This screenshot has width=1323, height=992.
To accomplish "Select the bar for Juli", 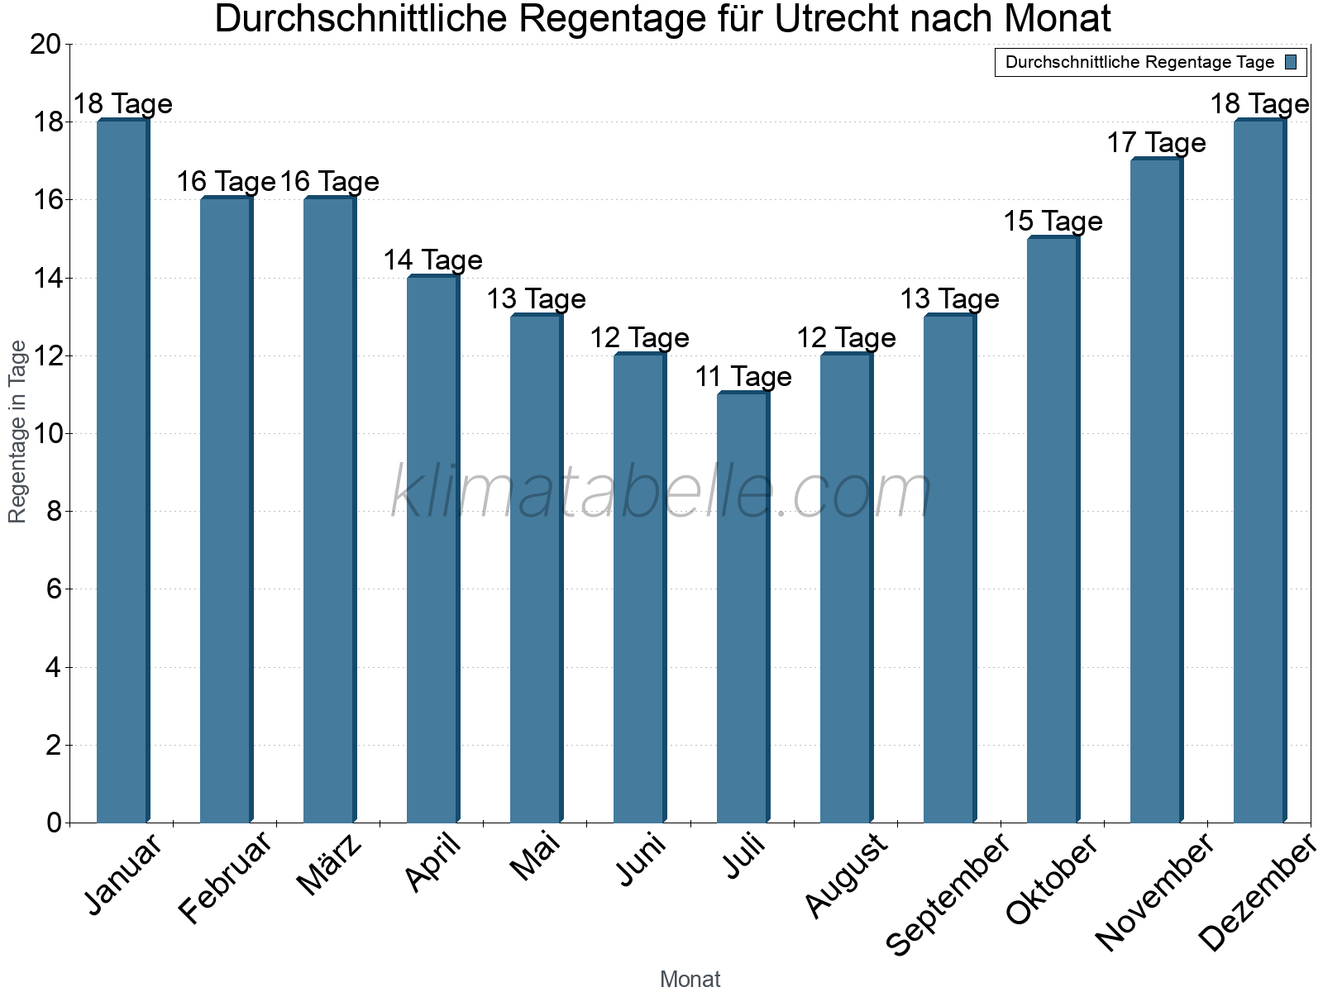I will (743, 608).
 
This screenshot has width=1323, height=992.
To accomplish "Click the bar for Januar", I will (122, 471).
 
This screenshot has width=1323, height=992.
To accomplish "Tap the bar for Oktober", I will (1053, 529).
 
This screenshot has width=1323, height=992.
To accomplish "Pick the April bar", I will (432, 550).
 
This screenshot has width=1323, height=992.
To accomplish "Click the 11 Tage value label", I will (743, 377).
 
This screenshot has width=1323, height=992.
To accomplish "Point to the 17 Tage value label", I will (1156, 143).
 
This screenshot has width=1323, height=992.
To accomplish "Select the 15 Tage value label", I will (1053, 222).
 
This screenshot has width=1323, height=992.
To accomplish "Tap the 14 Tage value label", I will (432, 260).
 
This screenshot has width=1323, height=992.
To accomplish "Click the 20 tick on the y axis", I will (45, 45).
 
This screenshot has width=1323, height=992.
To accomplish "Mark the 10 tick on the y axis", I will (45, 434).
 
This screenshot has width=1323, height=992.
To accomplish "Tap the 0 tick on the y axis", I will (55, 823).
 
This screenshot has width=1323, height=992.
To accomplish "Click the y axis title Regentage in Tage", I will (18, 432).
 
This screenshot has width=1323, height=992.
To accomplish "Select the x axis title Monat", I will (690, 979).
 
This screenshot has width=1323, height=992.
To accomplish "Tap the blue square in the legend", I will (1291, 62).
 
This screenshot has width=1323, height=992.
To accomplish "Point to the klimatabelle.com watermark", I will (661, 492).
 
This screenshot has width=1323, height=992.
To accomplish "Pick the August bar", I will (846, 589).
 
